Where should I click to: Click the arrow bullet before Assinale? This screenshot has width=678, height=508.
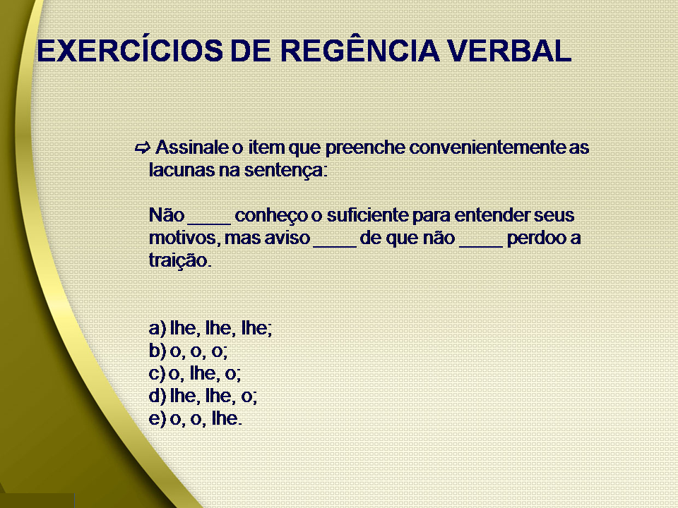(142, 148)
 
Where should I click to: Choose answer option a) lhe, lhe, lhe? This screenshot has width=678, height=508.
(210, 328)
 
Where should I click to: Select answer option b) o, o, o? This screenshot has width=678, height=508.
(189, 351)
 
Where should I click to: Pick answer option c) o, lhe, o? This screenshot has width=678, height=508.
(200, 373)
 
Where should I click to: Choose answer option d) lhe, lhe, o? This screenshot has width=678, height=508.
(203, 396)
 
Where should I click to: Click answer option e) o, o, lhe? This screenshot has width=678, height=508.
(196, 418)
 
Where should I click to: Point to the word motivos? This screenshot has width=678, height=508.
(184, 238)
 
